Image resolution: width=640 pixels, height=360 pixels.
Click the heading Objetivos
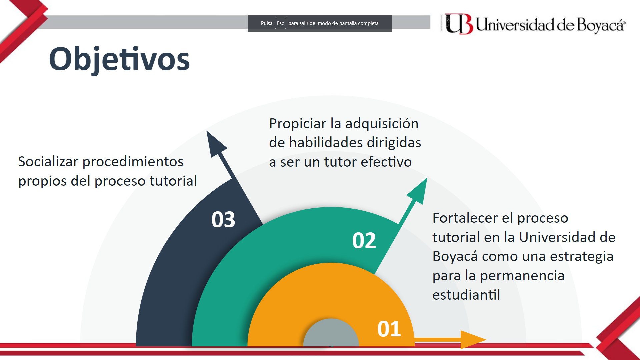tap(119, 59)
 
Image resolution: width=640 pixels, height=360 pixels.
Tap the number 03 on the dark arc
tap(223, 220)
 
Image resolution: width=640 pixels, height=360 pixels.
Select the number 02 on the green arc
tap(364, 240)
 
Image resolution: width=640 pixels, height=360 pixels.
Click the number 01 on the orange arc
tap(389, 329)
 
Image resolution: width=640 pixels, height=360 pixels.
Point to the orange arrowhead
tap(472, 340)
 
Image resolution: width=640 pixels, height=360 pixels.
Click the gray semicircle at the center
tap(331, 333)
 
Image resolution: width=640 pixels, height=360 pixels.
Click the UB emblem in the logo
tap(459, 24)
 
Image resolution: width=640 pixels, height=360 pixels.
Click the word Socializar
tap(48, 162)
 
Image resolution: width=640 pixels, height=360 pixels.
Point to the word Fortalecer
tap(465, 218)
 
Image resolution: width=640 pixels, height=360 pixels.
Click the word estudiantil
tap(466, 295)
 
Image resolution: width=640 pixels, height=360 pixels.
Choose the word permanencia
tap(522, 276)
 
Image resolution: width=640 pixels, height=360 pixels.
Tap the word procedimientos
tap(133, 162)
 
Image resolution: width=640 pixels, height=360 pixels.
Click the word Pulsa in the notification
tap(266, 23)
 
